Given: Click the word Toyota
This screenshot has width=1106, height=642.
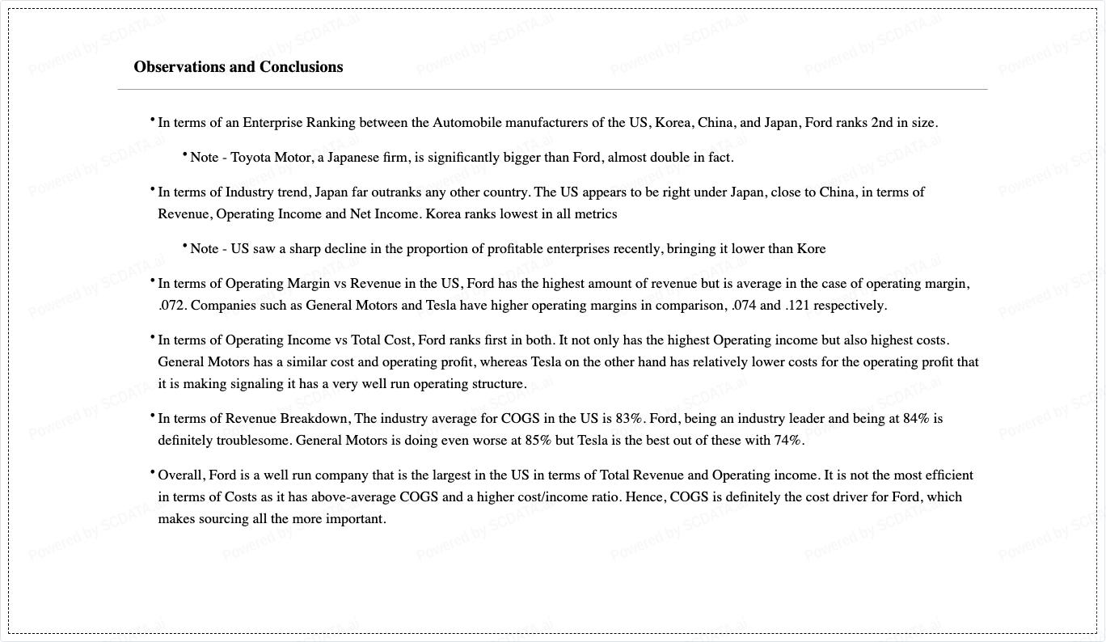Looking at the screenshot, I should tap(251, 158).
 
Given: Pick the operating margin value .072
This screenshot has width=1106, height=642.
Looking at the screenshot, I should tap(172, 306).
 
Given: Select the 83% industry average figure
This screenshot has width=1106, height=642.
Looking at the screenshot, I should tap(629, 419).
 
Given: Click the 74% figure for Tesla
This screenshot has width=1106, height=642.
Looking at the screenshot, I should tap(788, 441).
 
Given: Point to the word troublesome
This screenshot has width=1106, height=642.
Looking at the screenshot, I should tap(253, 441).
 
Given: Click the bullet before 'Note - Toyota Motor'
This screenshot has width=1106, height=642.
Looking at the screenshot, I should tap(184, 154).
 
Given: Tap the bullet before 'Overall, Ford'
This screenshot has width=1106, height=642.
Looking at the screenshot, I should tap(152, 472).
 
